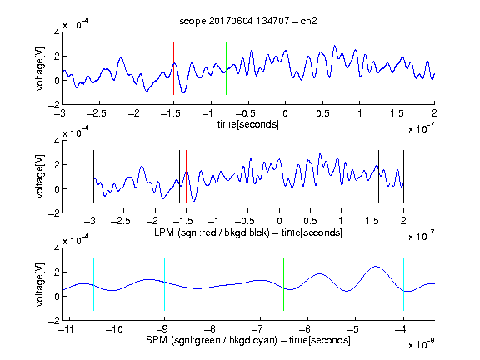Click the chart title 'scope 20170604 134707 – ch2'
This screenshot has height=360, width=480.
coord(248,21)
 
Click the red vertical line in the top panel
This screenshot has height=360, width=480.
coord(173,68)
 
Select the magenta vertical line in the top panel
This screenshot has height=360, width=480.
coord(397,68)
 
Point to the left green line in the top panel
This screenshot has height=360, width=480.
coord(226,68)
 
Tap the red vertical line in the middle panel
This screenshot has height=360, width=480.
coord(186,176)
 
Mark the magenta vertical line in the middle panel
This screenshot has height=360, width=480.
coord(372,176)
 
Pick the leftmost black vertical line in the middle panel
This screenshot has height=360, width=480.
coord(93,176)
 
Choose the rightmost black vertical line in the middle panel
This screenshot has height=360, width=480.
coord(403,176)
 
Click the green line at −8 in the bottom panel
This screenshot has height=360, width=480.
coord(212,284)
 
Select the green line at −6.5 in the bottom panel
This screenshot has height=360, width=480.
coord(284,284)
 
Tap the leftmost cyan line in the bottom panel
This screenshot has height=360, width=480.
coord(93,284)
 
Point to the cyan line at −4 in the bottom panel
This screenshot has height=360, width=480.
coord(403,284)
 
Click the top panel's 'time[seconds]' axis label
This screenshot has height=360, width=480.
coord(248,124)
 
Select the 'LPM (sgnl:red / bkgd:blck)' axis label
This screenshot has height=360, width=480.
coord(212,232)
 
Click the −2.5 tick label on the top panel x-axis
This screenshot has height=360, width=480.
coord(96,113)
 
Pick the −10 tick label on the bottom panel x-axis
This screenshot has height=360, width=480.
coord(114,329)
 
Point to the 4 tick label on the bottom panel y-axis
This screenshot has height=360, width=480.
coord(57,248)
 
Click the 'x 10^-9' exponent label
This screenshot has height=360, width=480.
coord(422,344)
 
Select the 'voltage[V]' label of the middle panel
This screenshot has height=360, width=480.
coord(40,176)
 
